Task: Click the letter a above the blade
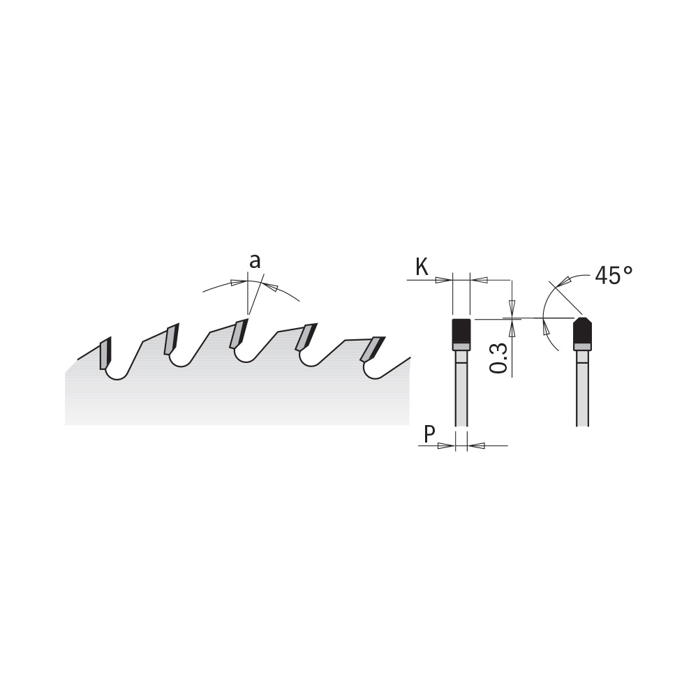tap(255, 262)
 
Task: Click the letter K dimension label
tap(422, 267)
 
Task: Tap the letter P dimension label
tap(429, 434)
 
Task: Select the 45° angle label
tap(614, 276)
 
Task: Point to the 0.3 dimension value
tap(499, 358)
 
